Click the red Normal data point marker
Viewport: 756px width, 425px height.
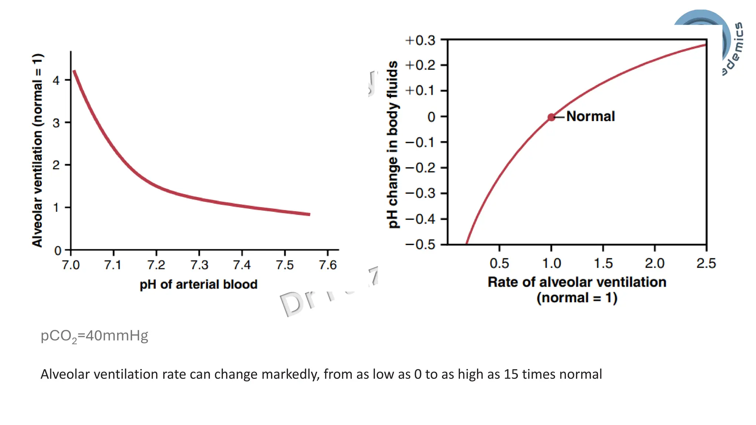point(551,117)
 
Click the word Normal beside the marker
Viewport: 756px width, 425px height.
point(591,116)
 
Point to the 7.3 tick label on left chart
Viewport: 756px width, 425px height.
point(199,265)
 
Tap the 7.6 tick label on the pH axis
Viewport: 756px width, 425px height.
point(328,265)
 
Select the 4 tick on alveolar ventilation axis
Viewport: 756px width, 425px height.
point(56,80)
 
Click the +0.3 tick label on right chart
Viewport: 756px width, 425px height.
point(420,40)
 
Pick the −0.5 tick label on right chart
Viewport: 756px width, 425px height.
point(420,244)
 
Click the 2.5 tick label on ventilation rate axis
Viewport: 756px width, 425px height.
point(706,263)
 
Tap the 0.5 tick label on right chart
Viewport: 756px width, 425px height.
point(499,263)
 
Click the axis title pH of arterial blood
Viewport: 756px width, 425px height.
point(198,284)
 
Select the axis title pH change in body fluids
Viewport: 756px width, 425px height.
point(393,145)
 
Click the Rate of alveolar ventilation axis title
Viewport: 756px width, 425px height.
point(577,282)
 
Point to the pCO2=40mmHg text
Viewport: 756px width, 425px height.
point(94,336)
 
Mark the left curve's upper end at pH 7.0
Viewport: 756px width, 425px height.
point(75,72)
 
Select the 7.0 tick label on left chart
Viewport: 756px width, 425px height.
point(71,265)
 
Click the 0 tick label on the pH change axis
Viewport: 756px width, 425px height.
point(431,117)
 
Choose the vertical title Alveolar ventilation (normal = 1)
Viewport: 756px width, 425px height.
point(37,150)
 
